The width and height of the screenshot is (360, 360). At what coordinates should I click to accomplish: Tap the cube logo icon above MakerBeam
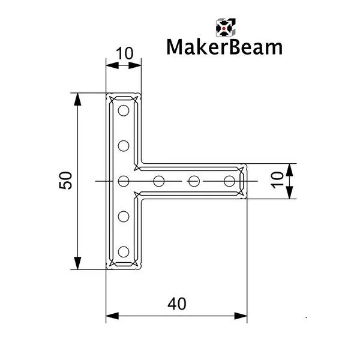224,26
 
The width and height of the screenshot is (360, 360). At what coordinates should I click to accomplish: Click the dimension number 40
176,305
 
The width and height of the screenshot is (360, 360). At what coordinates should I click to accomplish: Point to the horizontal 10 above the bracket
123,53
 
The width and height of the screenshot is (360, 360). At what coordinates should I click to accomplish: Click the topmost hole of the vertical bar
124,110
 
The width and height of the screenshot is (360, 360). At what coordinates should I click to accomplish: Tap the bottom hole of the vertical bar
124,251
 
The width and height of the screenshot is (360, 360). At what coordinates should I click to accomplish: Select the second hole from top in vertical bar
124,145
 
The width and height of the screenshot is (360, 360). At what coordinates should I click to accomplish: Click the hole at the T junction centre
124,181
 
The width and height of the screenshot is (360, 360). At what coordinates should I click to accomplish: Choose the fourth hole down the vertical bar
124,215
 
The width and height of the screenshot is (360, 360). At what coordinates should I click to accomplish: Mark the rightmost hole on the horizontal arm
229,181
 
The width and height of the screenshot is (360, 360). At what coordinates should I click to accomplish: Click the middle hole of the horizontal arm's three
194,181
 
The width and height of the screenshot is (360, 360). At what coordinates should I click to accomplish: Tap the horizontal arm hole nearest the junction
159,181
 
